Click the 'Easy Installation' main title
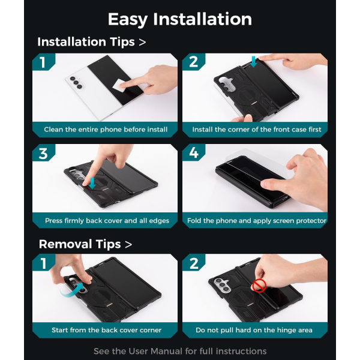pyautogui.click(x=180, y=19)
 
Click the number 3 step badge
pyautogui.click(x=43, y=153)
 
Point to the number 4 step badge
pyautogui.click(x=194, y=152)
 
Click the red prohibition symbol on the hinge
pyautogui.click(x=259, y=286)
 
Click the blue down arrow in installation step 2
pyautogui.click(x=253, y=62)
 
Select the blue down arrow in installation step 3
pyautogui.click(x=92, y=183)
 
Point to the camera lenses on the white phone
pyautogui.click(x=76, y=82)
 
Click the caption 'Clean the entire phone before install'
pyautogui.click(x=106, y=130)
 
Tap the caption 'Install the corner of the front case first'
pyautogui.click(x=257, y=130)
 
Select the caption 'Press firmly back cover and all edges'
pyautogui.click(x=107, y=221)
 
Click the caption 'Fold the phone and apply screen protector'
pyautogui.click(x=257, y=221)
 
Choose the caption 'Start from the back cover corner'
pyautogui.click(x=107, y=330)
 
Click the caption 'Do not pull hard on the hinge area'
pyautogui.click(x=254, y=330)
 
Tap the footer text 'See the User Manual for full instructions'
pyautogui.click(x=180, y=351)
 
